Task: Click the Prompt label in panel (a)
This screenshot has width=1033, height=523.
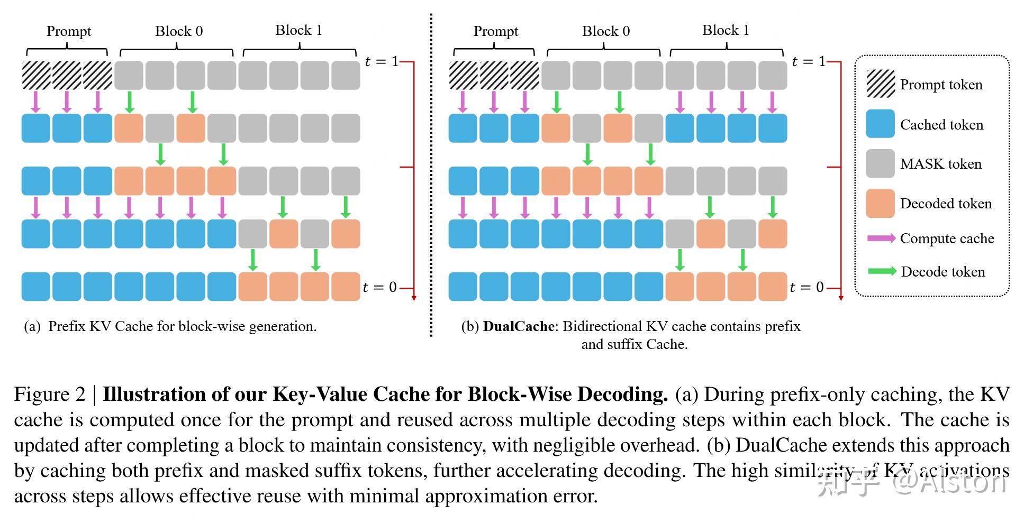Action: click(x=68, y=31)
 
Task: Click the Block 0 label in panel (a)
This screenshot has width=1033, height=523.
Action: click(x=178, y=31)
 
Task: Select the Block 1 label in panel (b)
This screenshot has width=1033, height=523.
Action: click(x=726, y=30)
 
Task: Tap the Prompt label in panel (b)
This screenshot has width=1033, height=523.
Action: click(x=495, y=31)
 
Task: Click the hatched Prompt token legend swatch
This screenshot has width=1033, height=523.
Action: click(x=880, y=84)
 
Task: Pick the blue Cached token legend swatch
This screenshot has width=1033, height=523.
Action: click(x=880, y=124)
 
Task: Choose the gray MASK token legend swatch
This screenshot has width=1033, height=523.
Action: click(x=880, y=163)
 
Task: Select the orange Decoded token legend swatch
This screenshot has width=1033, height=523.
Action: click(x=880, y=203)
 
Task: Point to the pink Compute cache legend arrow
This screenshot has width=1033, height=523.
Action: click(x=881, y=238)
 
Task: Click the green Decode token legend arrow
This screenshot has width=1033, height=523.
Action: click(x=882, y=271)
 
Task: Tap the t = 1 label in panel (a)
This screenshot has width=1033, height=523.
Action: click(x=381, y=61)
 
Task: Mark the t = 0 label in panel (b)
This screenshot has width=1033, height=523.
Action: click(x=807, y=287)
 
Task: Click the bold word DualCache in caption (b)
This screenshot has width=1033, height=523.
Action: click(x=518, y=326)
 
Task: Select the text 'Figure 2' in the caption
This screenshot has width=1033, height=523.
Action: click(x=49, y=394)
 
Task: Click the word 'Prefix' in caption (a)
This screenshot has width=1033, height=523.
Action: click(x=66, y=326)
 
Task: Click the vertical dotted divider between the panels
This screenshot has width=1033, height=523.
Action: click(x=431, y=175)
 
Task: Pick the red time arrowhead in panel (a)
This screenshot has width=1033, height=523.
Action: click(x=414, y=298)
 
